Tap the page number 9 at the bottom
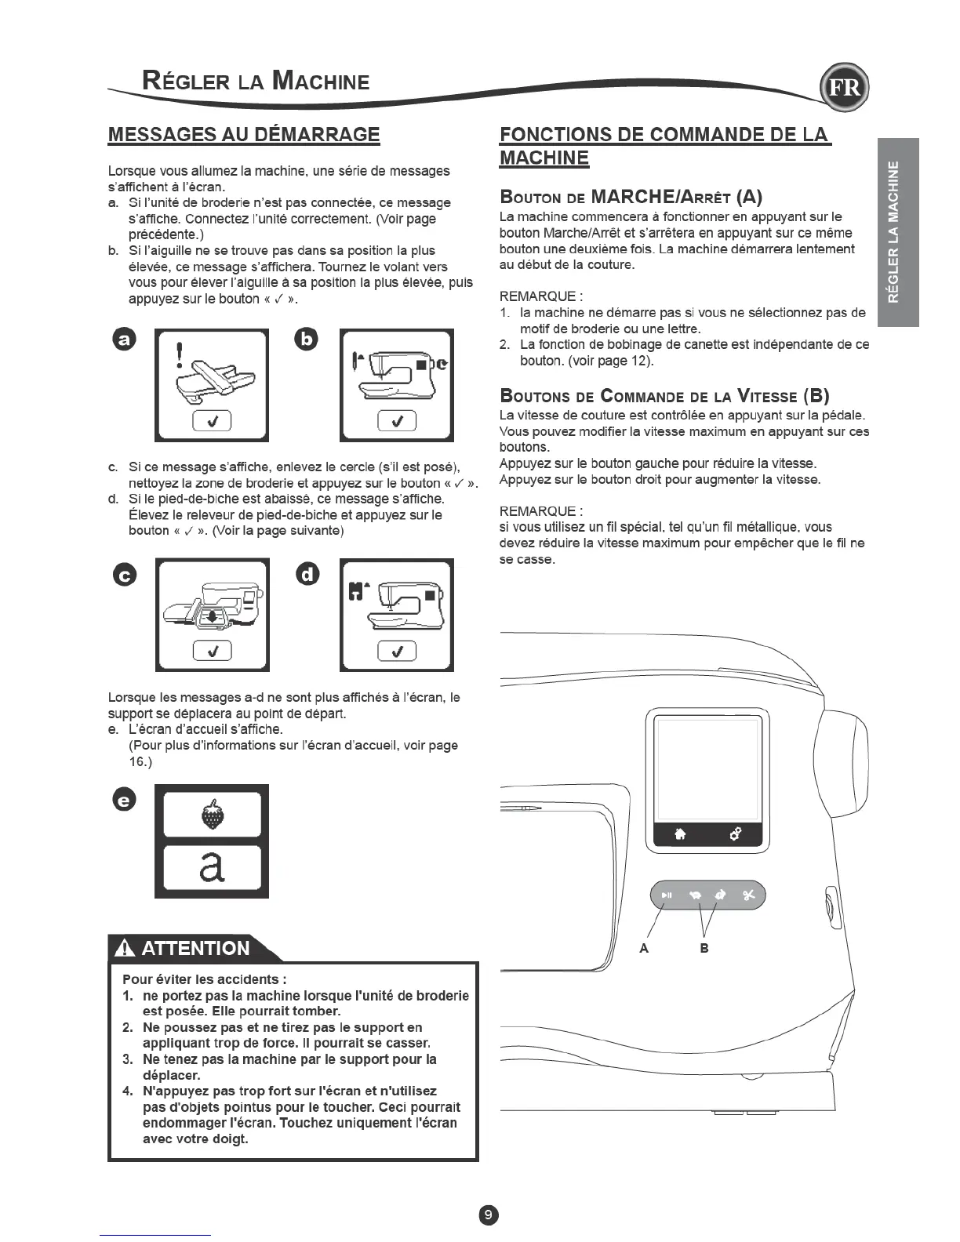488,1215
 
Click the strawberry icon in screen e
212,814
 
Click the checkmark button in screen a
212,421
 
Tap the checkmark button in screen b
396,421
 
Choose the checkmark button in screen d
396,651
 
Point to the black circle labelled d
308,575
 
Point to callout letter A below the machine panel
644,948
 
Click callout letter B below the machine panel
704,948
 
